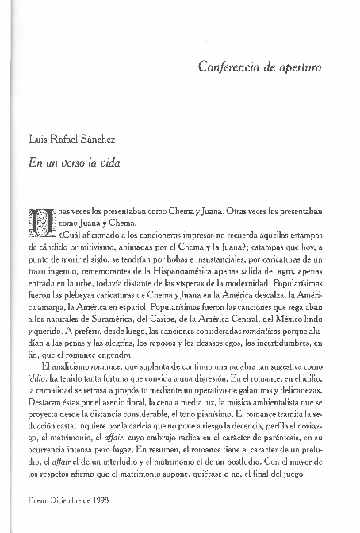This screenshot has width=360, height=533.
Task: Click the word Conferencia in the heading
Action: point(224,68)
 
